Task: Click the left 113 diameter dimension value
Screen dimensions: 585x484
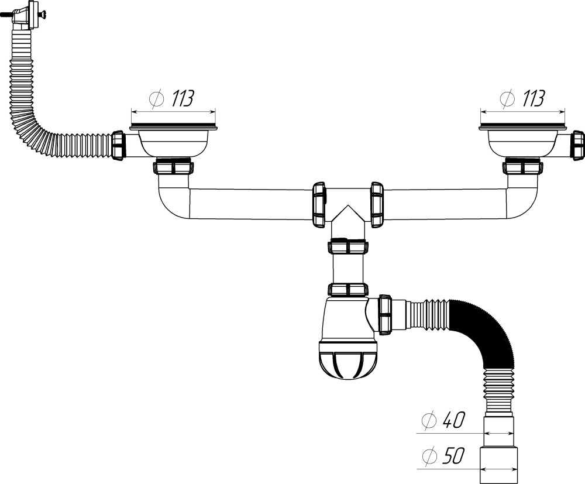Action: click(x=183, y=98)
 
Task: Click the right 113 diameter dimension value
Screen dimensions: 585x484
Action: click(x=532, y=98)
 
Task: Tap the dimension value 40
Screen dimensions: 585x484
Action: click(x=453, y=420)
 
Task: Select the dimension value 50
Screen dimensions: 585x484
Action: click(x=453, y=456)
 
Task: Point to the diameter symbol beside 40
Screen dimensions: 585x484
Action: click(x=429, y=421)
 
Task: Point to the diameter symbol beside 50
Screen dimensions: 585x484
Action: click(x=429, y=456)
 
